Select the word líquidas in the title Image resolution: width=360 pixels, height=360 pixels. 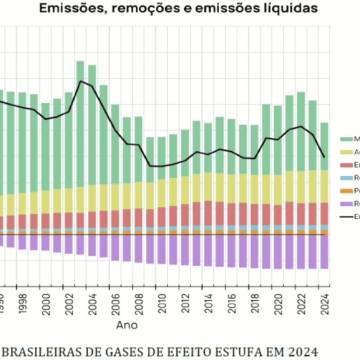(x=284, y=7)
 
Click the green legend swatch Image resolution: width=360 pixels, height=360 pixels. (x=349, y=139)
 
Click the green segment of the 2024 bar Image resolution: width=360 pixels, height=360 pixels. (x=324, y=145)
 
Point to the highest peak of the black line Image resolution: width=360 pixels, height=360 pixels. (x=81, y=81)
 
